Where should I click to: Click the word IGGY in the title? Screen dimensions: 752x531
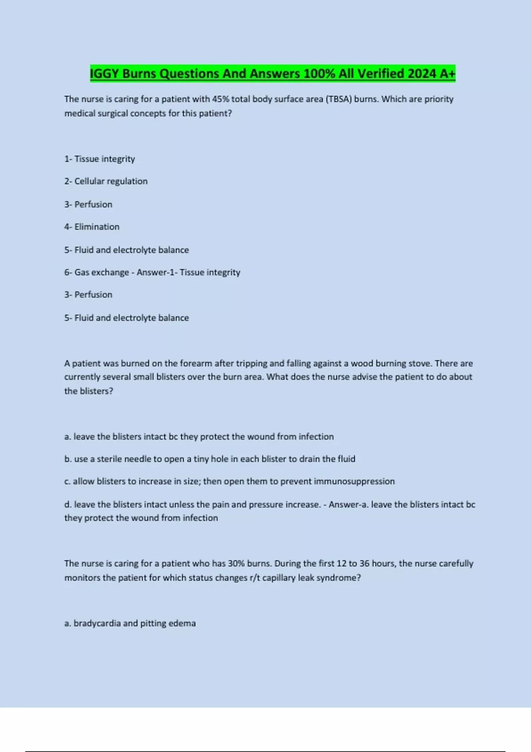104,73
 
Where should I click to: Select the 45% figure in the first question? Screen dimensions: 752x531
220,99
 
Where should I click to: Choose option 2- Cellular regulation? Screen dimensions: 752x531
106,181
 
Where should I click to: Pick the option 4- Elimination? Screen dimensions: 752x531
92,227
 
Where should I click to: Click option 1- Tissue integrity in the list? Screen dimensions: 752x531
100,159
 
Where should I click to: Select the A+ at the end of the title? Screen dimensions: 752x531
447,73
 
